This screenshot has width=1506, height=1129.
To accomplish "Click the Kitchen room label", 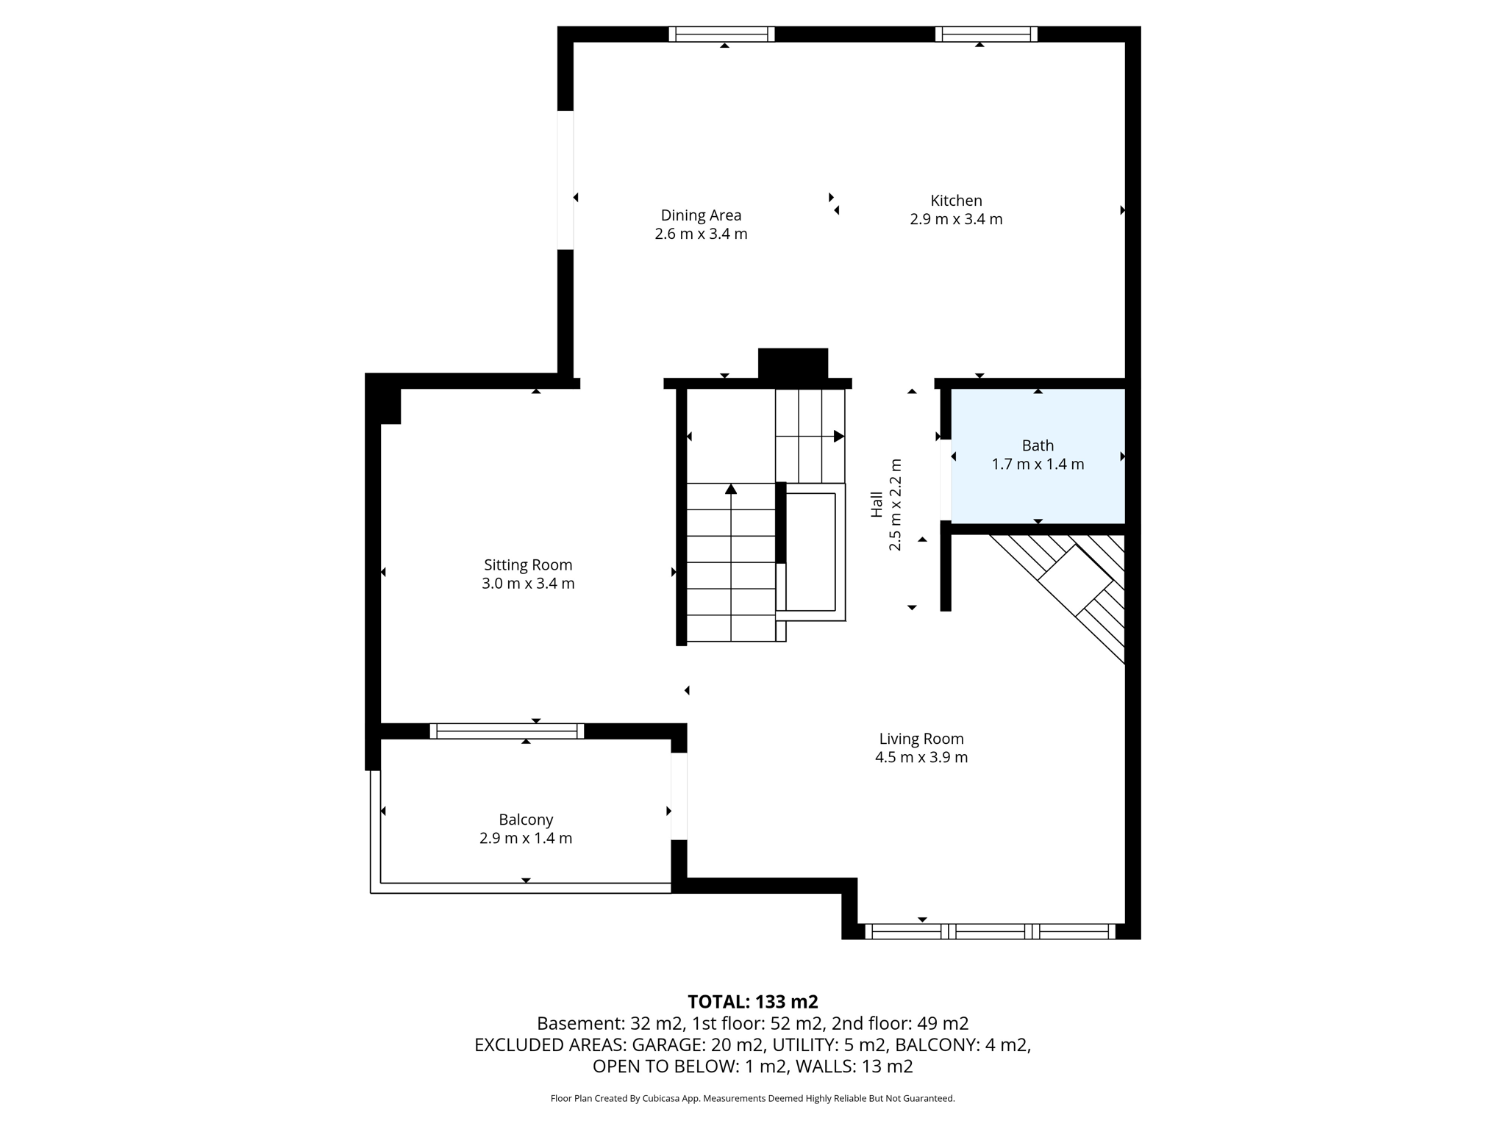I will (956, 201).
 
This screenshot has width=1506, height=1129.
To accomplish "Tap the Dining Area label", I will (701, 215).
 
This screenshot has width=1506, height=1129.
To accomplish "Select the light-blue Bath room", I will (1038, 485).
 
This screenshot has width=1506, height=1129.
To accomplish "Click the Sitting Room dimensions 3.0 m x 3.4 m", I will (528, 584).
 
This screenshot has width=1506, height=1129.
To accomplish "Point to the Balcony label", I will (526, 820).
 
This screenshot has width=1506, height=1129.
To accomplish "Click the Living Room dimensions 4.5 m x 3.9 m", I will (921, 757).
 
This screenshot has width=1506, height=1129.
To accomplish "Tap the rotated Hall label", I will (877, 504).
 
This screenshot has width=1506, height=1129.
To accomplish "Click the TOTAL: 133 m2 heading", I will (752, 1002).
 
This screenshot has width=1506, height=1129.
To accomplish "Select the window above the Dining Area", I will (721, 34).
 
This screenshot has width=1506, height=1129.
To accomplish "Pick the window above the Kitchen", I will (986, 34).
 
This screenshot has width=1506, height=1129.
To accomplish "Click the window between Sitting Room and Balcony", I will (507, 731).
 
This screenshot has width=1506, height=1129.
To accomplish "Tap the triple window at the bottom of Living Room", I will (990, 931).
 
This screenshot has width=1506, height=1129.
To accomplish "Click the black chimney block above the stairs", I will (793, 363).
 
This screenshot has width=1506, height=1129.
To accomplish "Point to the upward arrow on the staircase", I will (731, 490).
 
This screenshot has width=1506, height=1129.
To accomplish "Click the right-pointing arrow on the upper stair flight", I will (838, 437).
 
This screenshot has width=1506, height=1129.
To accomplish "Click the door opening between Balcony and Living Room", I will (679, 796).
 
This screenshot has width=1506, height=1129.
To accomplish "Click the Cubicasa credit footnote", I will (752, 1098).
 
